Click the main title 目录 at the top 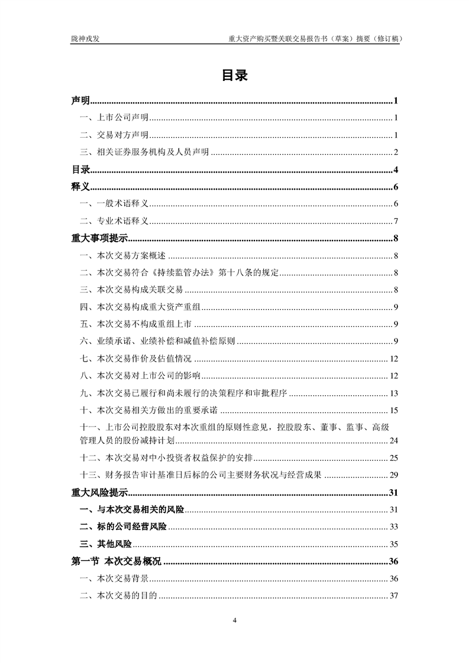coord(234,75)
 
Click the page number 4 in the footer coord(235,620)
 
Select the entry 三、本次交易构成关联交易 coord(131,290)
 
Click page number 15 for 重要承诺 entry coord(394,411)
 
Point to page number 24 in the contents coord(394,441)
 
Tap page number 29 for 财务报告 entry coord(394,475)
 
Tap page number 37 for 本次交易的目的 coord(394,596)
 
